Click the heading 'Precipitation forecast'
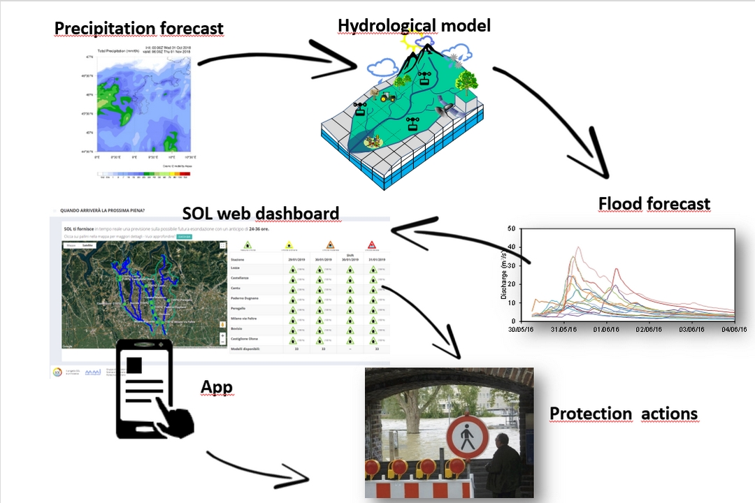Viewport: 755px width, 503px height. (x=138, y=29)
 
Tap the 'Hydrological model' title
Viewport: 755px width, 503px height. (x=414, y=26)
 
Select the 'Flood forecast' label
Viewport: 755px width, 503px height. (x=654, y=204)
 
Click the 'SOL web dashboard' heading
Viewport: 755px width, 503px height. (x=260, y=213)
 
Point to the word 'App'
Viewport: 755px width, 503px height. (x=216, y=387)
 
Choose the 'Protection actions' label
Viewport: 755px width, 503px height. (x=623, y=414)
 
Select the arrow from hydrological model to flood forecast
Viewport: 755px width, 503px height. (x=559, y=119)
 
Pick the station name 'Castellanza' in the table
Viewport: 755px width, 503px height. (x=241, y=278)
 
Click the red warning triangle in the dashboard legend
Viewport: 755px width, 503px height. (x=372, y=245)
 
